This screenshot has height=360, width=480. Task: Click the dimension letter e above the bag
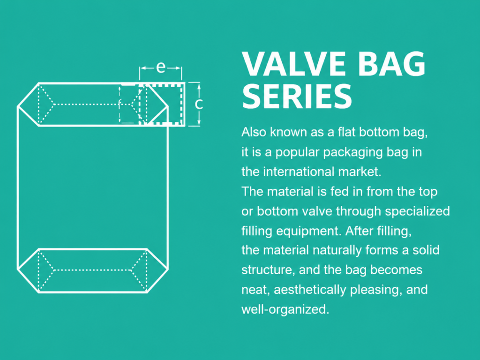pyautogui.click(x=161, y=67)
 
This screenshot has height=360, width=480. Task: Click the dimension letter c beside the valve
pyautogui.click(x=199, y=104)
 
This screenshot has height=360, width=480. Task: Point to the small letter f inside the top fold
pyautogui.click(x=120, y=104)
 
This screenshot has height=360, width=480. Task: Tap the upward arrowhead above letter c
pyautogui.click(x=199, y=87)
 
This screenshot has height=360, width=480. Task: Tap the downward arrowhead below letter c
pyautogui.click(x=199, y=122)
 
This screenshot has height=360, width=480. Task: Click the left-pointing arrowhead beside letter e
pyautogui.click(x=143, y=68)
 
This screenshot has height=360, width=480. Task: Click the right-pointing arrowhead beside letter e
pyautogui.click(x=178, y=68)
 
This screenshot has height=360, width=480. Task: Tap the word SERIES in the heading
pyautogui.click(x=297, y=96)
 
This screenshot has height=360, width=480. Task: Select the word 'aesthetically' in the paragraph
pyautogui.click(x=310, y=290)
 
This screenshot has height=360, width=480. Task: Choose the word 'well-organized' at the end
pyautogui.click(x=285, y=309)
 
